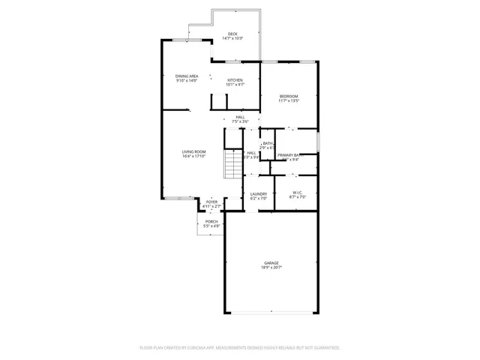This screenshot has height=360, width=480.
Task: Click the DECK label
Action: pyautogui.click(x=232, y=34)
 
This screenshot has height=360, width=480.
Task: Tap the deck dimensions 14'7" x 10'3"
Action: pyautogui.click(x=232, y=38)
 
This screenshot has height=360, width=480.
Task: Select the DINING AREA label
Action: pyautogui.click(x=187, y=76)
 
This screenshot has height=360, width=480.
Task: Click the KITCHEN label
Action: pyautogui.click(x=235, y=80)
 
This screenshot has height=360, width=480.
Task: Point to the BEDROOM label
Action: pyautogui.click(x=289, y=95)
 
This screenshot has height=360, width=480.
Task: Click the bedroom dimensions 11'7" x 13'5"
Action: pyautogui.click(x=289, y=100)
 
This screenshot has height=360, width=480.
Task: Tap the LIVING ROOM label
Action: pyautogui.click(x=193, y=151)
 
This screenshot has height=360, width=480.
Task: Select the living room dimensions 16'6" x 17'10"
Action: pyautogui.click(x=193, y=157)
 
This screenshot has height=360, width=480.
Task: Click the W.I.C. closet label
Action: pyautogui.click(x=298, y=192)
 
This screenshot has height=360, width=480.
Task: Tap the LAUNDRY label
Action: pyautogui.click(x=259, y=193)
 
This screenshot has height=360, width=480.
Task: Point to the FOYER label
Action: pyautogui.click(x=212, y=201)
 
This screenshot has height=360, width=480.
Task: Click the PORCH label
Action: pyautogui.click(x=212, y=221)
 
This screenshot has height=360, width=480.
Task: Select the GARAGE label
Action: pyautogui.click(x=271, y=262)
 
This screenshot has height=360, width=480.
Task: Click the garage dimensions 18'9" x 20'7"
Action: pyautogui.click(x=271, y=268)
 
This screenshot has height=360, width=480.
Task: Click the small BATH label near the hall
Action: pyautogui.click(x=268, y=143)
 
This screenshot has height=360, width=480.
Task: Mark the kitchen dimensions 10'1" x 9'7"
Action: pyautogui.click(x=235, y=85)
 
